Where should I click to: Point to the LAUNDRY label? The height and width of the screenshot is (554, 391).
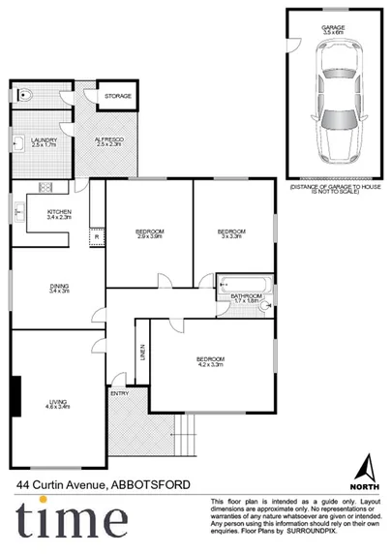(x=44, y=141)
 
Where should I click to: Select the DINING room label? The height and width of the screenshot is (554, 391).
(x=60, y=287)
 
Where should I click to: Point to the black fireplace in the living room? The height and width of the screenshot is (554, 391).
(x=15, y=394)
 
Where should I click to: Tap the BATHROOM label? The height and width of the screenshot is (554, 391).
(x=247, y=296)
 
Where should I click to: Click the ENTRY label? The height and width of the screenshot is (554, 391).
(x=119, y=393)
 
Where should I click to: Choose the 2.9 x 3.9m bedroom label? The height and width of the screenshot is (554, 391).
(x=149, y=232)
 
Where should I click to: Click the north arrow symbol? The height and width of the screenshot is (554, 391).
(x=364, y=467)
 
